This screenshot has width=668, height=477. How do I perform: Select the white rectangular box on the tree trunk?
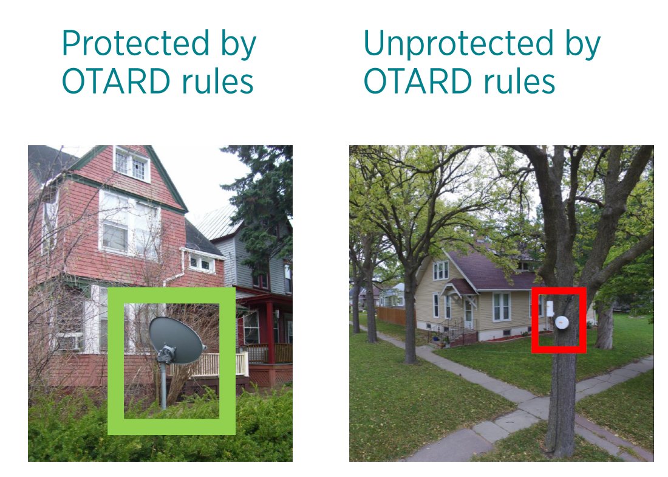pyautogui.click(x=550, y=308)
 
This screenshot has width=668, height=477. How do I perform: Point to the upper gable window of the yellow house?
pyautogui.click(x=441, y=270)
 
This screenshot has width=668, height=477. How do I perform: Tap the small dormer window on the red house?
pyautogui.click(x=201, y=263)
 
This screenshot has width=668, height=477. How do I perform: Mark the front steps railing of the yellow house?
pyautogui.click(x=452, y=331)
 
